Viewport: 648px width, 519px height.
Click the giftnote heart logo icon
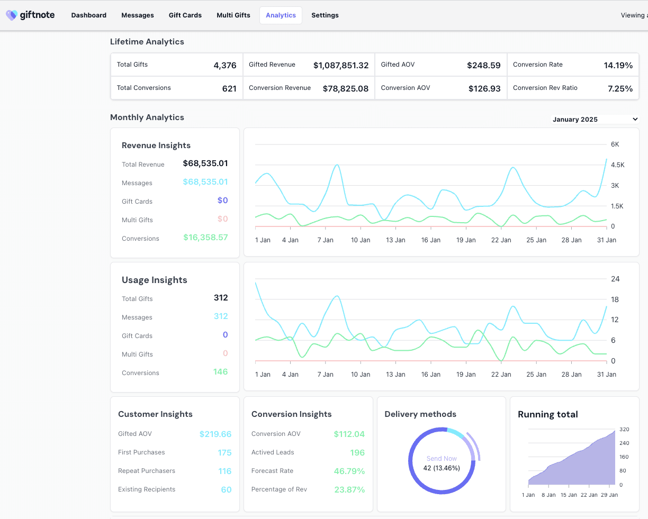click(12, 15)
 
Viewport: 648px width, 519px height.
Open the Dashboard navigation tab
click(89, 15)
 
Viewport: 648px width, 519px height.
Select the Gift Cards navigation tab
click(185, 15)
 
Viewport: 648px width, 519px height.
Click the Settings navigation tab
click(325, 15)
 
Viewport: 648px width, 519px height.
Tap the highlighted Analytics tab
click(281, 15)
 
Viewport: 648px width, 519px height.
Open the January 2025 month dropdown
click(595, 120)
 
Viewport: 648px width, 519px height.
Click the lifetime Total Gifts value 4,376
click(225, 65)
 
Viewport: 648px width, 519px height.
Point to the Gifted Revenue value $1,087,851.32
click(341, 65)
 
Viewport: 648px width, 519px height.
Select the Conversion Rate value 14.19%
click(618, 65)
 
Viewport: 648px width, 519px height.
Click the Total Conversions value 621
click(229, 89)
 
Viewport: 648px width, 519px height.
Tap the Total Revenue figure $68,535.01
click(205, 163)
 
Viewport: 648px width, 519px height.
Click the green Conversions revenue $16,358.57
click(205, 238)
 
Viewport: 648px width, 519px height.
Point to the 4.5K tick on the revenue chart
click(618, 165)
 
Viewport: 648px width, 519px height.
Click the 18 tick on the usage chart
click(615, 299)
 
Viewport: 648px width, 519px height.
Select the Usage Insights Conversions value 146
click(220, 372)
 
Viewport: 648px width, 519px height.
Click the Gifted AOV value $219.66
click(215, 434)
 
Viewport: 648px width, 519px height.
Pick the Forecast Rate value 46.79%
click(349, 471)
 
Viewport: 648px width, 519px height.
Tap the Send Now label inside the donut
click(442, 459)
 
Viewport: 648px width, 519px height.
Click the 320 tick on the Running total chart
click(624, 430)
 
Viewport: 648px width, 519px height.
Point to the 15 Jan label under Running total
click(569, 495)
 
